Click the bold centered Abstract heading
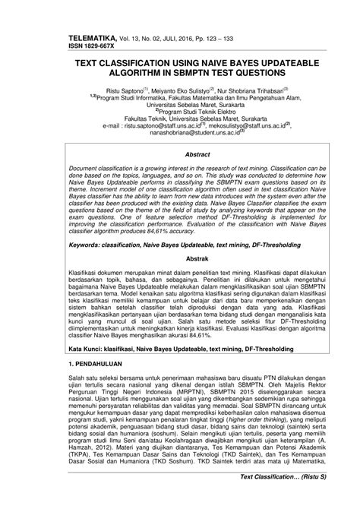(181, 153)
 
